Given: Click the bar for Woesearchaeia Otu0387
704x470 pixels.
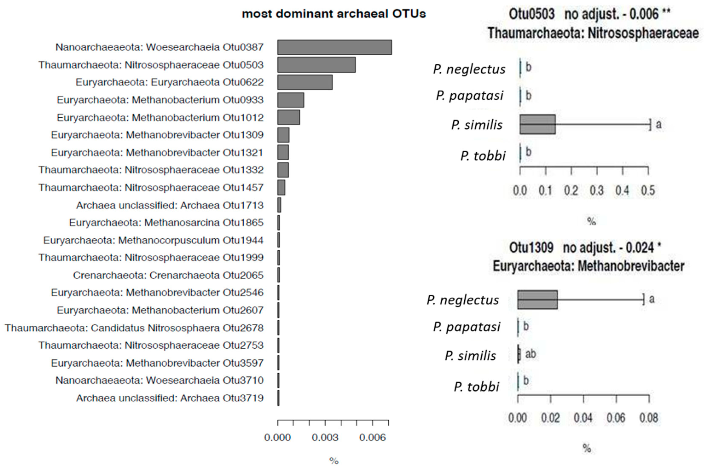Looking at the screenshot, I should click(334, 47).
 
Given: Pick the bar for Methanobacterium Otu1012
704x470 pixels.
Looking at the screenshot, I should click(288, 117).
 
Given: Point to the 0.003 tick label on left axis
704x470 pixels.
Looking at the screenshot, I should click(325, 438).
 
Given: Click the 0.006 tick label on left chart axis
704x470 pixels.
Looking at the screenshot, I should click(372, 438).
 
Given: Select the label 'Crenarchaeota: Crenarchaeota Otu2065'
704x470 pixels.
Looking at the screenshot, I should click(168, 275).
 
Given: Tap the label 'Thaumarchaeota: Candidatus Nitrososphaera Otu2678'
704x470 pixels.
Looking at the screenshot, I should click(134, 328).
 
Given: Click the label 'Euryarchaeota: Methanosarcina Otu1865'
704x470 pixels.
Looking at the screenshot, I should click(166, 223).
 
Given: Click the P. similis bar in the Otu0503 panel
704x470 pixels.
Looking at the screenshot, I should click(537, 124).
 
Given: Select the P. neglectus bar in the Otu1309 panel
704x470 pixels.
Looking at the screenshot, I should click(537, 300).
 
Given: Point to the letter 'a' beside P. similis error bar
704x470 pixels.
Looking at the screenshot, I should click(658, 124).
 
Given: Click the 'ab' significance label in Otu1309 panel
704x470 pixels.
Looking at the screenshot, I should click(530, 354).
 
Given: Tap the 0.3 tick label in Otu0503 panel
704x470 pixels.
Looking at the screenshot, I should click(597, 191).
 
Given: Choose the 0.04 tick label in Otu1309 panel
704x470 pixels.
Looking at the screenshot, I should click(583, 418).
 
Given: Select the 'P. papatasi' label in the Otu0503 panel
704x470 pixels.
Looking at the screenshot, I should click(469, 96).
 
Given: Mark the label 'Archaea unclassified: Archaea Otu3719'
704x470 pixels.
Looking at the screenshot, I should click(170, 398).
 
